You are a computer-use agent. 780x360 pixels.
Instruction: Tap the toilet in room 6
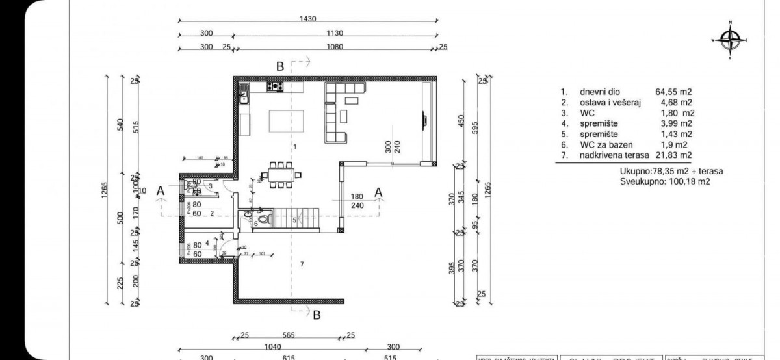click(263, 222)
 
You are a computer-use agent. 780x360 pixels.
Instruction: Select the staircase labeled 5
click(299, 220)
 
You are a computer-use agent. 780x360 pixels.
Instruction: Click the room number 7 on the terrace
click(302, 264)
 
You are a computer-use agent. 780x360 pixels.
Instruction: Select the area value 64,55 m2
click(673, 92)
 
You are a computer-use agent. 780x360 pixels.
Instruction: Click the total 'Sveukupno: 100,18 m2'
click(665, 182)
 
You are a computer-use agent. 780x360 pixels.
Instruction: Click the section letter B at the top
click(279, 66)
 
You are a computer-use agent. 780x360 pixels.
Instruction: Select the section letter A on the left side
click(160, 190)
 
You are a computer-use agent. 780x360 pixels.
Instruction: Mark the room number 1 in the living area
click(294, 148)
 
